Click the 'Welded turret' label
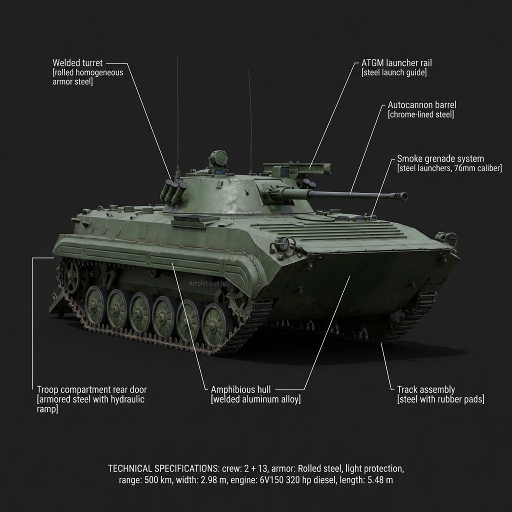point(77,63)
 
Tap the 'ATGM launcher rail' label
point(396,63)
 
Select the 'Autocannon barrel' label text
point(422,105)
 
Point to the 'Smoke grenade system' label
point(440,158)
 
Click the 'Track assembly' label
point(426,389)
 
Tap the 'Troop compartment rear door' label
point(92,389)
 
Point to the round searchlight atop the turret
point(218,158)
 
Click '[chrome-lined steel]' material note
point(421,114)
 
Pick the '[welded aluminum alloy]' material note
point(256,399)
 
